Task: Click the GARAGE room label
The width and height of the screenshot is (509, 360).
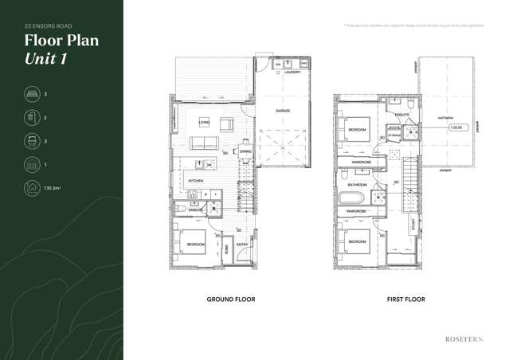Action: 283,110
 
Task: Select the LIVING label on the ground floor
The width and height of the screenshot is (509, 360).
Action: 204,122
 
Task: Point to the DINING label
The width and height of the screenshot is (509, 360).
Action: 245,151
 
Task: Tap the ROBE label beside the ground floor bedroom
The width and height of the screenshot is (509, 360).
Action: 226,248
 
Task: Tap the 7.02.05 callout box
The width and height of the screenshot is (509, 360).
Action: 457,127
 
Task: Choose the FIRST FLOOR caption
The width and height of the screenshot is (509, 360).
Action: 405,299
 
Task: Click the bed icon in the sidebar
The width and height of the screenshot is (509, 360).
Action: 32,94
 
